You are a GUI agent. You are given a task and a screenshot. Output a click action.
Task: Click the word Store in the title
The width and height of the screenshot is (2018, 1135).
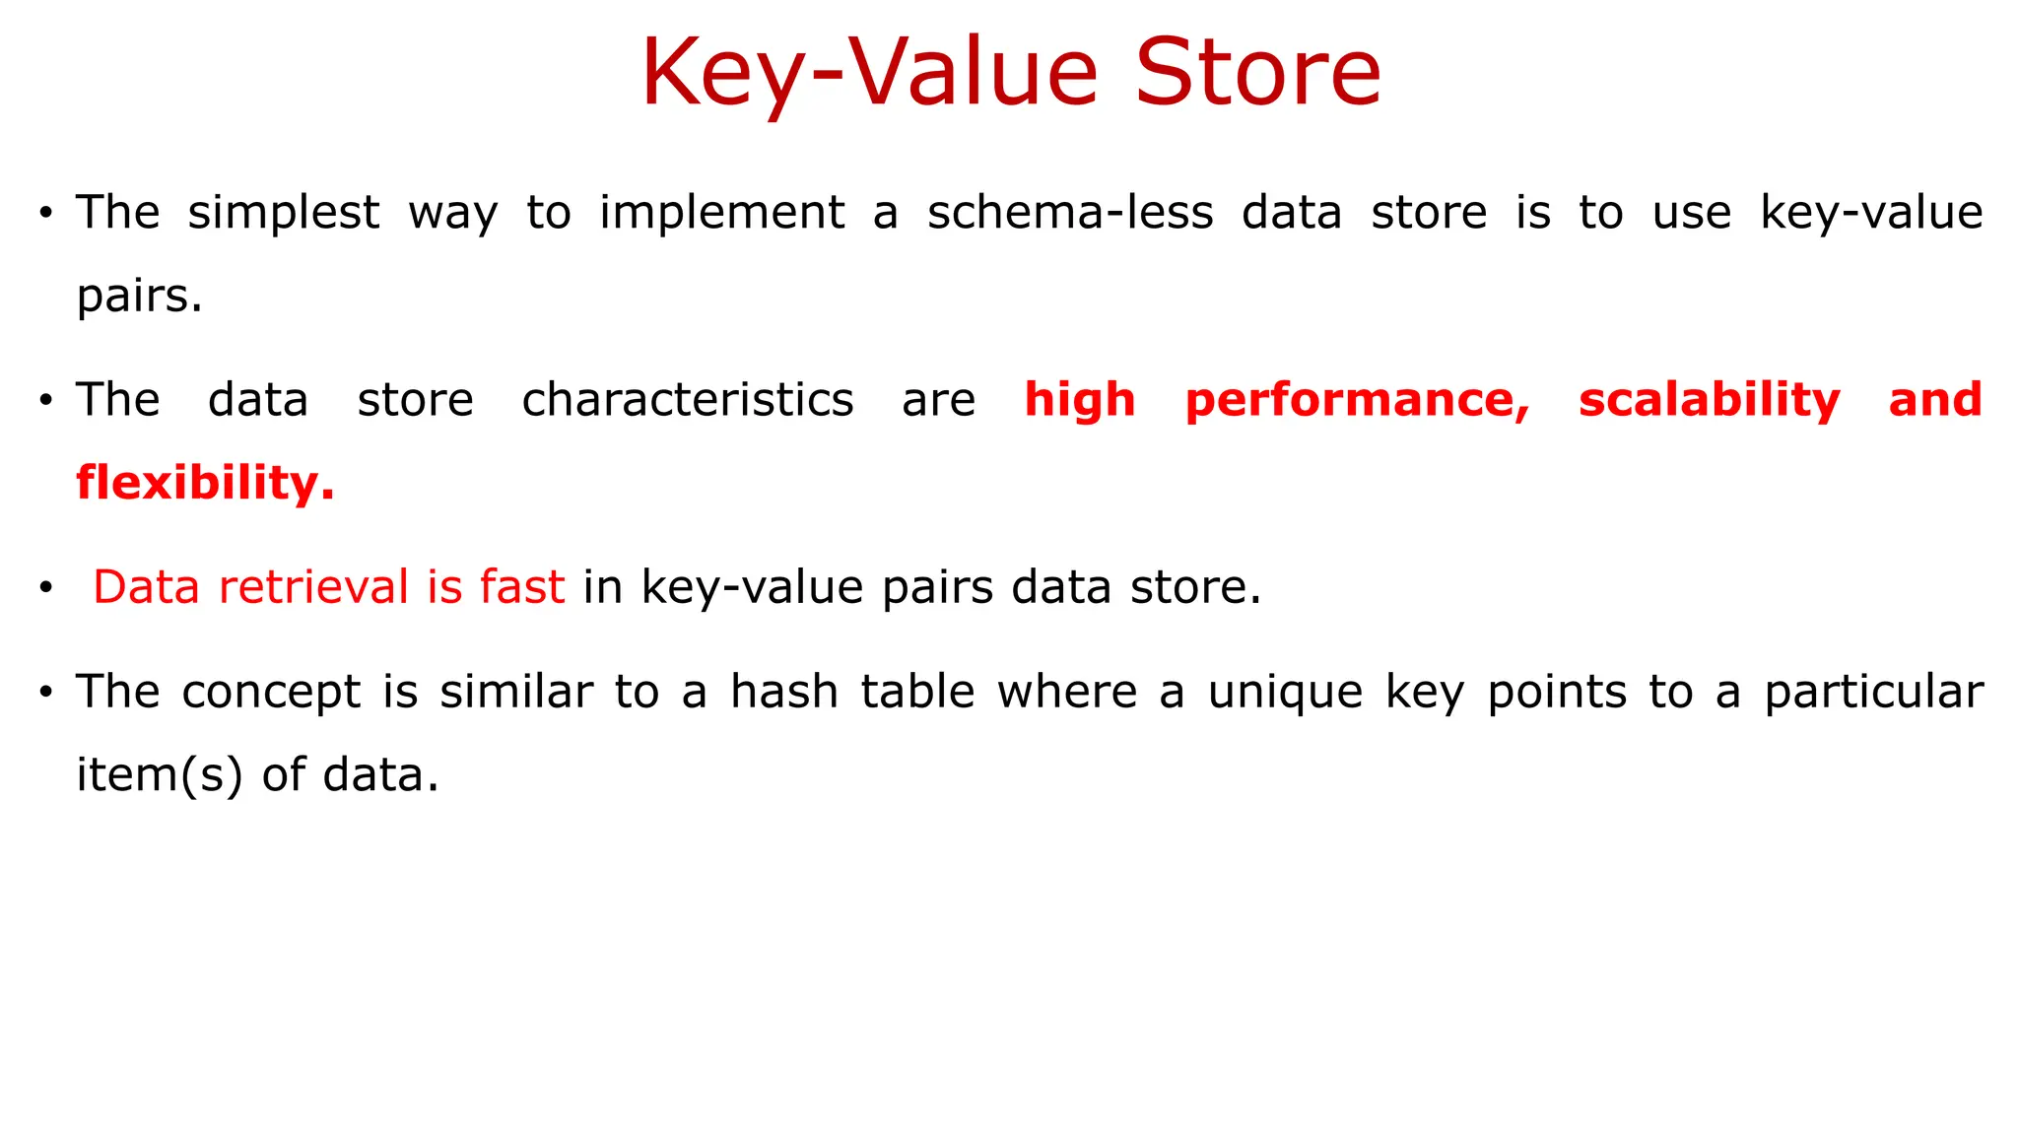(x=1258, y=73)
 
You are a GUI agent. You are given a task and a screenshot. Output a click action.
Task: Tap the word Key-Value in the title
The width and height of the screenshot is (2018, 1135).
(x=869, y=75)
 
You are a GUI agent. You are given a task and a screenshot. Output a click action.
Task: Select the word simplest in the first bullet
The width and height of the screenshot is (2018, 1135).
(x=283, y=214)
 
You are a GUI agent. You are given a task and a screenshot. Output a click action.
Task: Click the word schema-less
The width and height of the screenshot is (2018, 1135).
(x=1070, y=213)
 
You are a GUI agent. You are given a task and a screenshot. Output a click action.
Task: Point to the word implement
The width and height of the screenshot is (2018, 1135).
(x=721, y=214)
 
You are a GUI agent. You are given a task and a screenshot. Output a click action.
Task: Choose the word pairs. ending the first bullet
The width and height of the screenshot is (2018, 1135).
(x=139, y=297)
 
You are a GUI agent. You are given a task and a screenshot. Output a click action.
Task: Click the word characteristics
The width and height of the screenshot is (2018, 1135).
(x=687, y=400)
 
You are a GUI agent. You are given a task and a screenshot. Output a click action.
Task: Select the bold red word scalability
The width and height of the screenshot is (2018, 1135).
(x=1709, y=400)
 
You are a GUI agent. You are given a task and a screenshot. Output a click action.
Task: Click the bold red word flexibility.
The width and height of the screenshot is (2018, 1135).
(x=205, y=484)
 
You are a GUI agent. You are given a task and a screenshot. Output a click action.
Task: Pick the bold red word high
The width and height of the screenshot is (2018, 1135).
(x=1080, y=400)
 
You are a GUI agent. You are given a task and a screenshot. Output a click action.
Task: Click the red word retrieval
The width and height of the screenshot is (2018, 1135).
(x=313, y=587)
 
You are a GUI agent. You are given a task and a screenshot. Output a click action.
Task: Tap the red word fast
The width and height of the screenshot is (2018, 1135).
(x=521, y=587)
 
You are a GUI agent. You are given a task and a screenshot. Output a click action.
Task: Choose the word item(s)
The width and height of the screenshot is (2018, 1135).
(x=159, y=775)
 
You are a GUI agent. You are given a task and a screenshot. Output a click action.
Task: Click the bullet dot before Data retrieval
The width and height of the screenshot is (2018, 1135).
(x=45, y=589)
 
